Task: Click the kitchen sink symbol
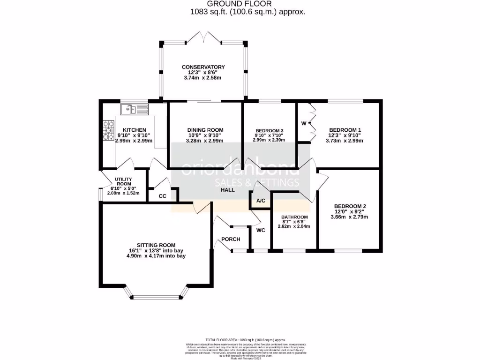(134, 110)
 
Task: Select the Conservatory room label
(203, 67)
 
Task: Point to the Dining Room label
(205, 130)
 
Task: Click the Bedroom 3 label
(270, 130)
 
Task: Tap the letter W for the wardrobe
(304, 123)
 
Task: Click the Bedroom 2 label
(350, 206)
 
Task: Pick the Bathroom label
(294, 217)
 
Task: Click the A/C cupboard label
(261, 201)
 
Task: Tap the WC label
(261, 230)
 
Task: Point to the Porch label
(231, 239)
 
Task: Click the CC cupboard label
(163, 196)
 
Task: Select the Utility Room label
(124, 182)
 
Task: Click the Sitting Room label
(156, 245)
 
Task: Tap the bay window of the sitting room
(156, 296)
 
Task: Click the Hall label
(228, 190)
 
